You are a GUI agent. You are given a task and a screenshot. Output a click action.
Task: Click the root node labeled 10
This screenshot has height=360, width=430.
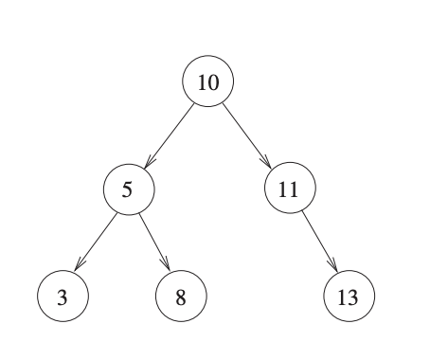pos(208,82)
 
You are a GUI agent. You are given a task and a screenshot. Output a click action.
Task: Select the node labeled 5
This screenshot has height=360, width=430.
pos(128,189)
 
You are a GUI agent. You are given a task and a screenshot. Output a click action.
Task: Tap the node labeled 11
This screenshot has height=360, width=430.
pos(290,189)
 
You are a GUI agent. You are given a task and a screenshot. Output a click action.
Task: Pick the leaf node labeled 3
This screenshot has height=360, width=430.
pos(63,297)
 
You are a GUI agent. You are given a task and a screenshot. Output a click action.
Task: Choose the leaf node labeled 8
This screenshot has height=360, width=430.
pos(181,297)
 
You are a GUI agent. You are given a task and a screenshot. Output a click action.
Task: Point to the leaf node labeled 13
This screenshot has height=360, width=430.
pos(349,297)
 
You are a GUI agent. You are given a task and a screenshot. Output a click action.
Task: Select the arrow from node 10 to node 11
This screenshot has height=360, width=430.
pos(248,135)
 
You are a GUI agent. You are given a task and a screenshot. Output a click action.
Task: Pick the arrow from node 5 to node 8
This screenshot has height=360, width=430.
pos(153,242)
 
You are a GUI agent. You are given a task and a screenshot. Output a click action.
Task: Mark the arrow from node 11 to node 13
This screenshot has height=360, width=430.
pos(319,242)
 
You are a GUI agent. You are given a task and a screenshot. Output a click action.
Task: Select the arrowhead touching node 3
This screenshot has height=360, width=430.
pos(79,269)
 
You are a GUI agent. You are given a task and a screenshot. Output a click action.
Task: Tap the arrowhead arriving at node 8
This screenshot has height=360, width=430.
pos(167,269)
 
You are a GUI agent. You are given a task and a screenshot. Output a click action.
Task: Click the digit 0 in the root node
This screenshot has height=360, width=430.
pos(214,82)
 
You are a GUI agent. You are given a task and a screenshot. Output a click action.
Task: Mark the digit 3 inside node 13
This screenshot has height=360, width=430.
pos(355,297)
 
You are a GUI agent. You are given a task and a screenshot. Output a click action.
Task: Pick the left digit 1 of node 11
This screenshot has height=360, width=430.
pos(284,189)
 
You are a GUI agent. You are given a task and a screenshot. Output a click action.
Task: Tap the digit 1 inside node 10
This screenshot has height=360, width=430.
pos(203,82)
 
